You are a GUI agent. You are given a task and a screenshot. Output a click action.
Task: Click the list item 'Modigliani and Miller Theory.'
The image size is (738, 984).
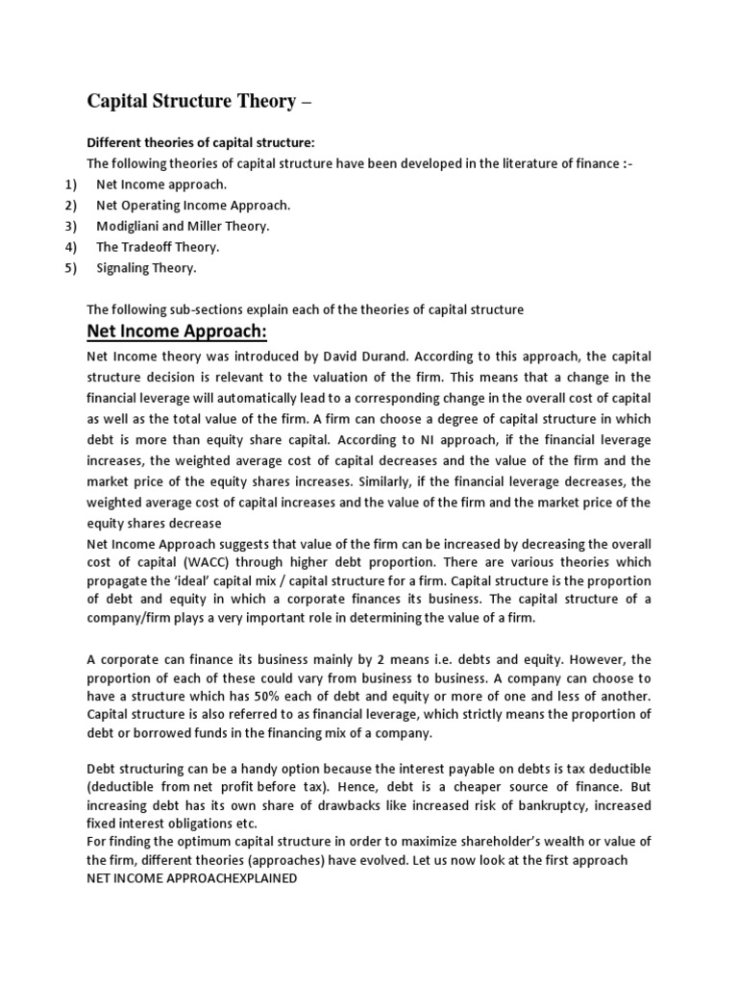click(x=183, y=226)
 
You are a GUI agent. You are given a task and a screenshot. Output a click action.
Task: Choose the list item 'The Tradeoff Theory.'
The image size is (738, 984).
click(x=158, y=247)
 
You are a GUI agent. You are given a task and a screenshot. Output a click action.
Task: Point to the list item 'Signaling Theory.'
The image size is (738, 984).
click(x=146, y=268)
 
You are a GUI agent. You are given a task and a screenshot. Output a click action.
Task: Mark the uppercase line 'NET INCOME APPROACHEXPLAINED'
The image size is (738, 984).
click(x=192, y=878)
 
